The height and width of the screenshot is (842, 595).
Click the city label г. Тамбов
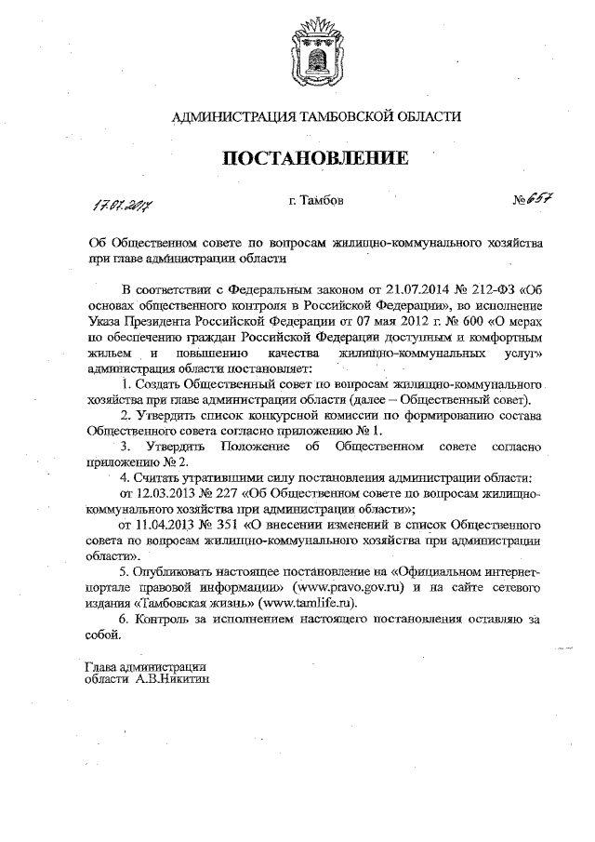click(315, 201)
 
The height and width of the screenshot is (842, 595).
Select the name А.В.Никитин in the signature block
click(173, 679)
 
